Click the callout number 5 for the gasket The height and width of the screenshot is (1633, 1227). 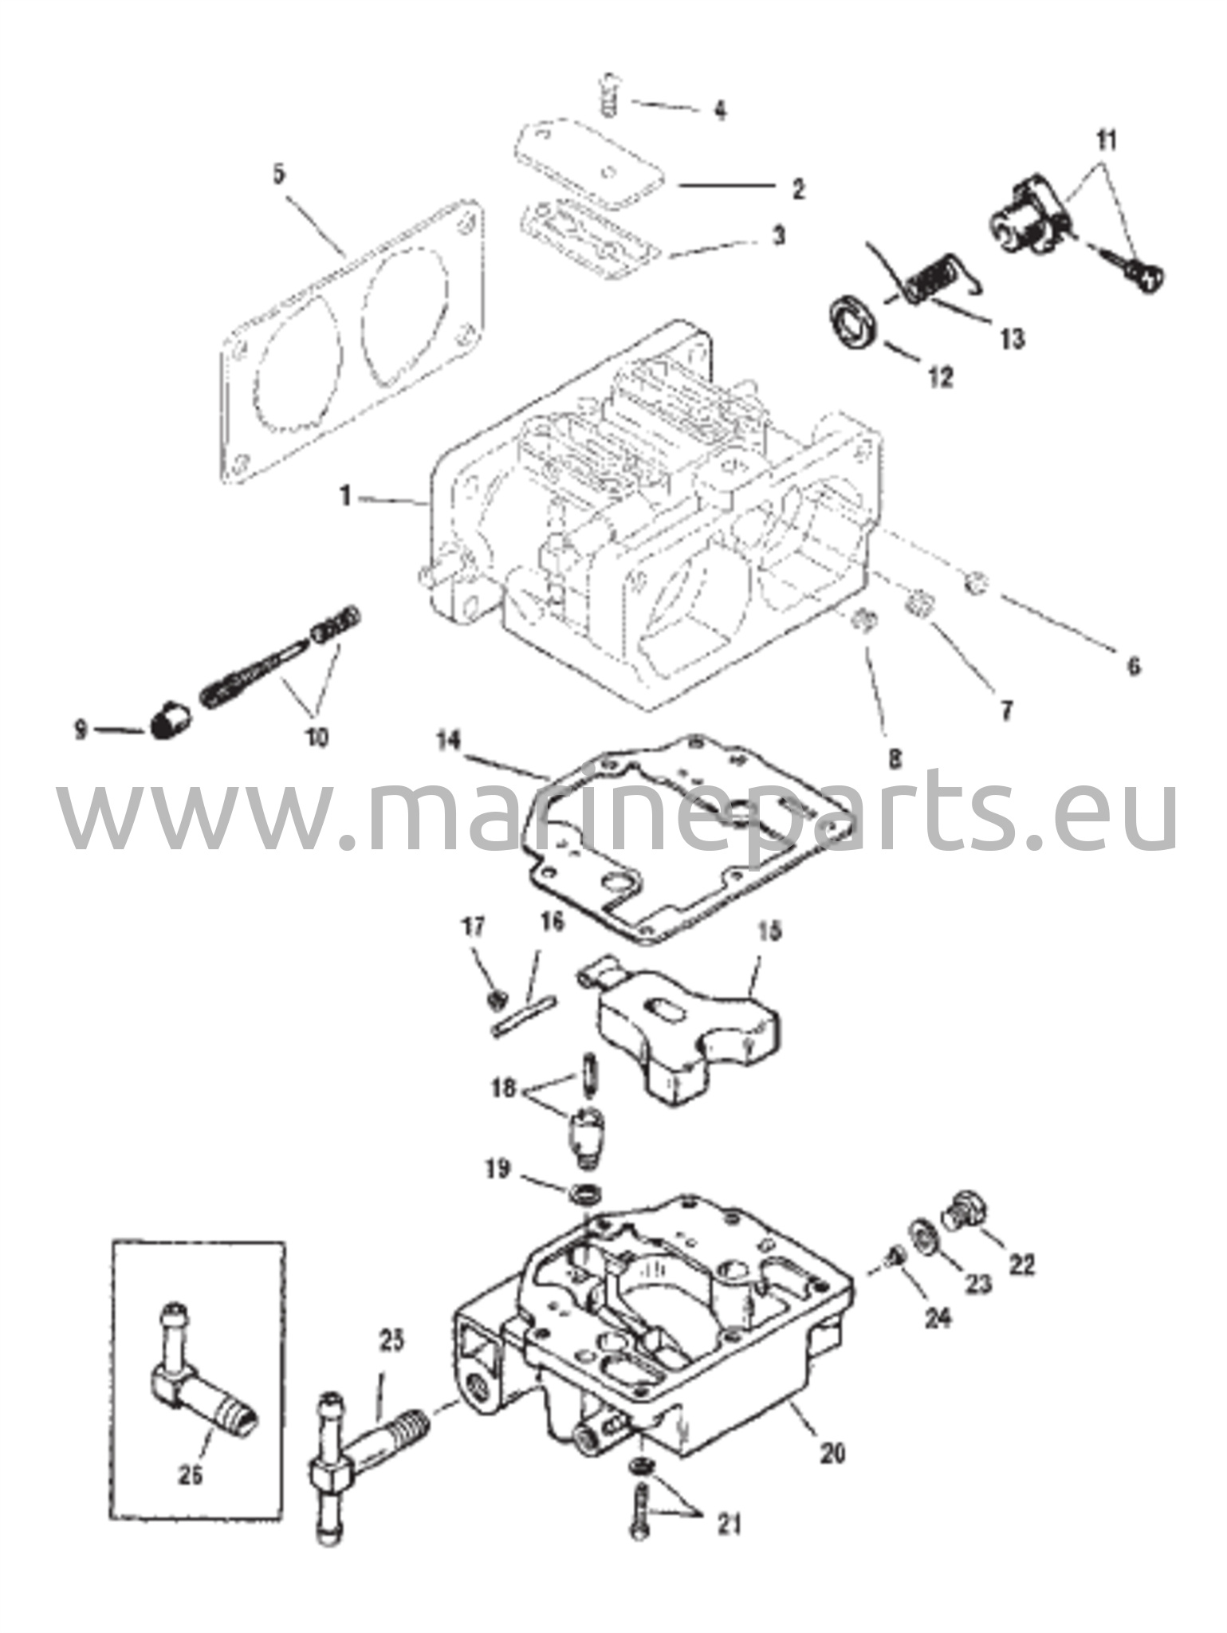[278, 175]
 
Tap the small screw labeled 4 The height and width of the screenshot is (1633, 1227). [610, 94]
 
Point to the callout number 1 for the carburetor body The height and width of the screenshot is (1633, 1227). [345, 496]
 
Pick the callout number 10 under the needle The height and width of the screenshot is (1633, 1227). [317, 737]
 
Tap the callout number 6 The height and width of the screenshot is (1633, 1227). [1134, 664]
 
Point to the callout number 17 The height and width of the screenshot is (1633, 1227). [474, 927]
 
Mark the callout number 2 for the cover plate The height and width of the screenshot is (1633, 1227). [797, 190]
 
